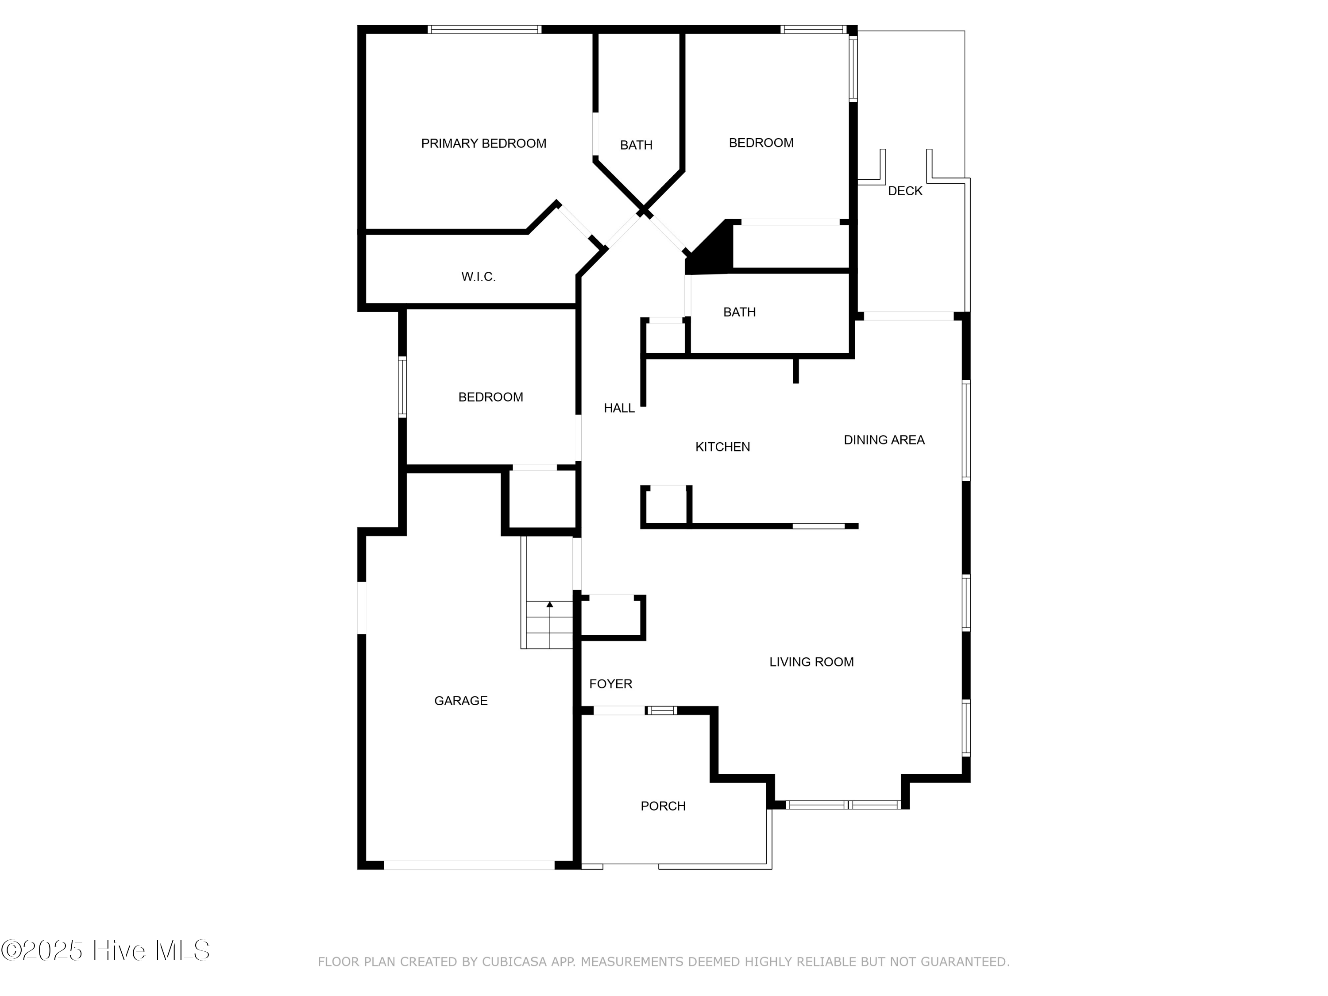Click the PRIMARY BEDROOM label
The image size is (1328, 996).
483,143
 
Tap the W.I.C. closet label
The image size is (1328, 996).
478,277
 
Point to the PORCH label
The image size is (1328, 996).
663,806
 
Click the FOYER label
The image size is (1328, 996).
610,684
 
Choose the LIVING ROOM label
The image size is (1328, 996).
811,662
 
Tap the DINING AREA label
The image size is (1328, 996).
884,440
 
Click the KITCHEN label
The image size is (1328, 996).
722,447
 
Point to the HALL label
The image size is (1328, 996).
619,408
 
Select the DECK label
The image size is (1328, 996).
905,191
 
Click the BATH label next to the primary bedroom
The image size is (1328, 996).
636,145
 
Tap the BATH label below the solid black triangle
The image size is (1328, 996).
739,312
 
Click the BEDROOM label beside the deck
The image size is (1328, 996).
761,143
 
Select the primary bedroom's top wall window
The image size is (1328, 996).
484,29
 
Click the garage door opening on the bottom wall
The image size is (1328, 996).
469,865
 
